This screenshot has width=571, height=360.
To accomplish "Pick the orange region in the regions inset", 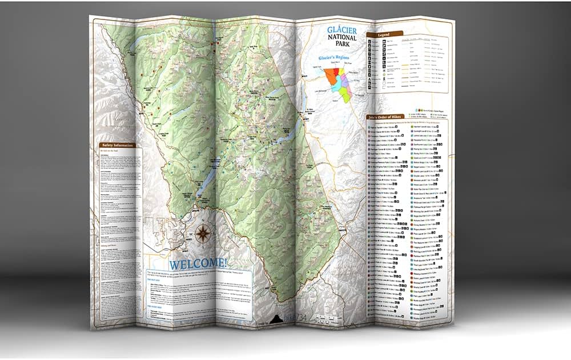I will (x=330, y=76).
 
